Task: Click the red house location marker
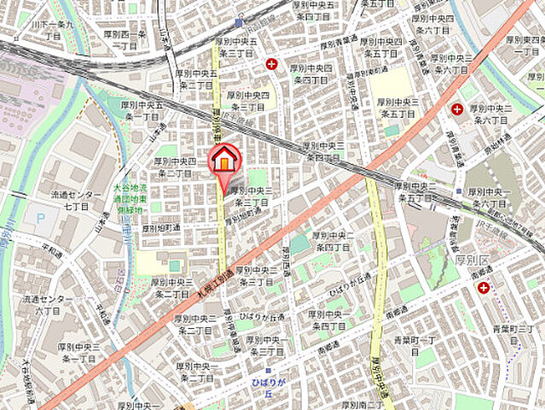click(x=225, y=159)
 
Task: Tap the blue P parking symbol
click(x=39, y=220)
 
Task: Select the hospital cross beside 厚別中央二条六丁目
click(x=457, y=109)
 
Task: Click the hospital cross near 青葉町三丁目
click(x=484, y=289)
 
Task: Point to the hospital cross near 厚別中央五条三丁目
click(x=271, y=62)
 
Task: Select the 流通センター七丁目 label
click(x=71, y=201)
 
